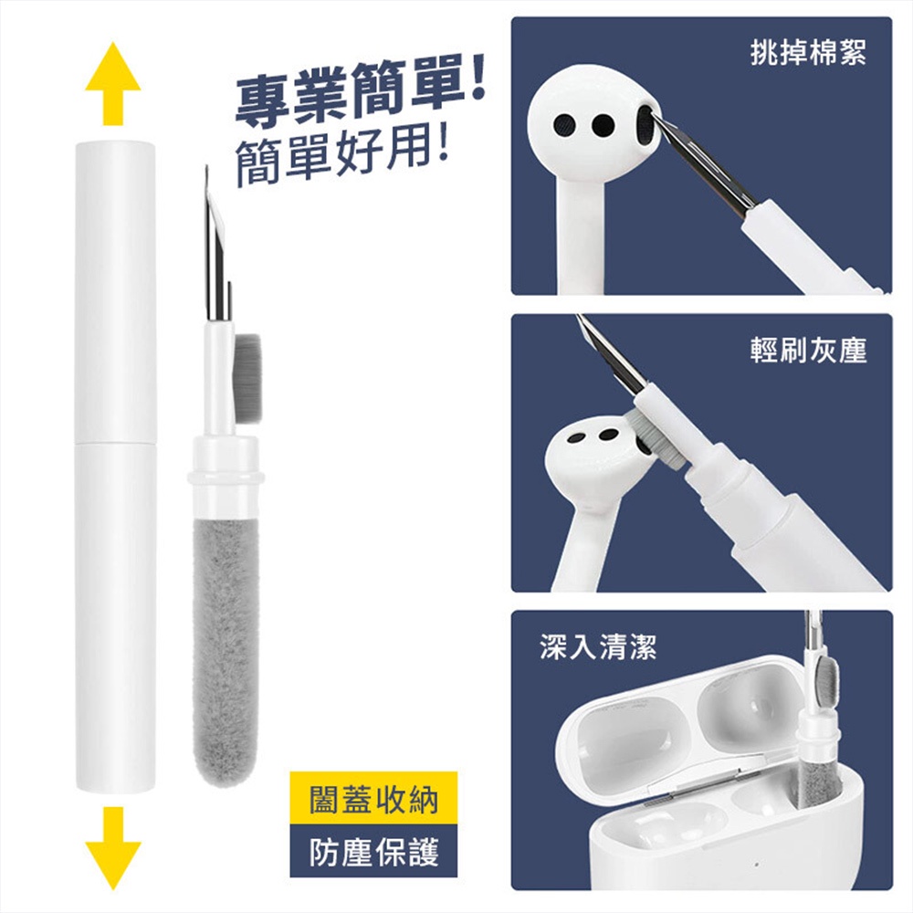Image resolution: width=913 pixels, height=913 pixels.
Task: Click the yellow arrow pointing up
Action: click(113, 83)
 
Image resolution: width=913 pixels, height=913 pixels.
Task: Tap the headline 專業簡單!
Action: click(359, 94)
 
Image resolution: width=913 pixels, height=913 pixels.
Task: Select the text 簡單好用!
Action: click(343, 153)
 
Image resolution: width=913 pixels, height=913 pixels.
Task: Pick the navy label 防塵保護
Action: click(373, 852)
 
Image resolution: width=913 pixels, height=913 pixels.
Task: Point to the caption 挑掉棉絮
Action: click(809, 52)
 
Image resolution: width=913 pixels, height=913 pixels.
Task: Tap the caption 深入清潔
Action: click(598, 646)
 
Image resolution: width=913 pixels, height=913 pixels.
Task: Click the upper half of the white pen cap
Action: click(115, 291)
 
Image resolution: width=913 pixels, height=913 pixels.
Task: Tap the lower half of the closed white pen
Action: click(115, 617)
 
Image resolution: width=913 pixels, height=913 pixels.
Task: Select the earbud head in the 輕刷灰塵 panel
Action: click(601, 460)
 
